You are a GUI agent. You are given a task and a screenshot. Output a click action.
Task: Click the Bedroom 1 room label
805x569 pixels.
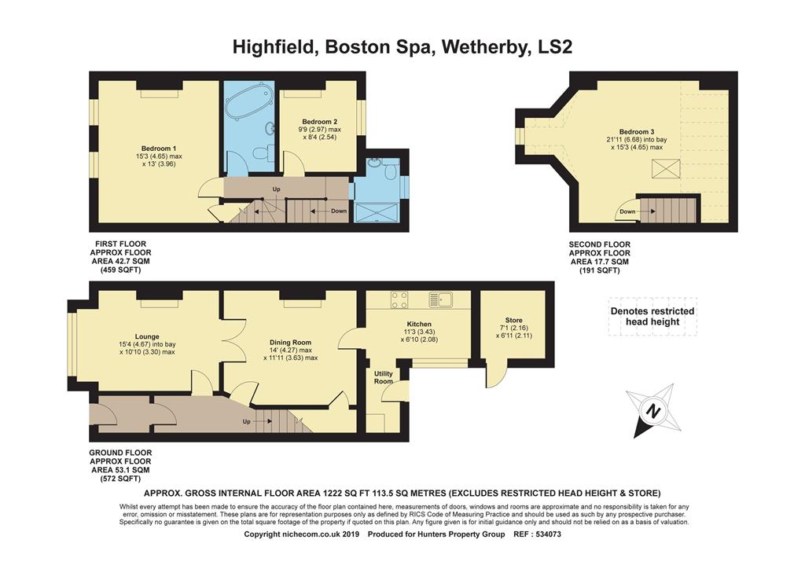coord(158,149)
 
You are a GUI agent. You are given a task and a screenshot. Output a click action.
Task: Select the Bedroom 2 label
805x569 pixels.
coord(319,122)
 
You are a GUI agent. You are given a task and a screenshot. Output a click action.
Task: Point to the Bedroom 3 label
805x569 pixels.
coord(636,131)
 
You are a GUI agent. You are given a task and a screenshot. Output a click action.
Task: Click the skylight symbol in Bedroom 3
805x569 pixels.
coord(665,167)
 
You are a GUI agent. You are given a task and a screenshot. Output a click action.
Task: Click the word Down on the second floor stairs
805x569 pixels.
coord(627,211)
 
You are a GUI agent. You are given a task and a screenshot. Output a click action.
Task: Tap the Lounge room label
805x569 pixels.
coord(146,336)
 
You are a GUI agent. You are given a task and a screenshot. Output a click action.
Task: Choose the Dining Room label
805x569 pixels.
coord(290,343)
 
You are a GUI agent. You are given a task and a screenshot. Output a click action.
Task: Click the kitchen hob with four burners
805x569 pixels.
coord(399,299)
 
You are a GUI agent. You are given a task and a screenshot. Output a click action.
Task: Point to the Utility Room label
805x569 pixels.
coord(383,377)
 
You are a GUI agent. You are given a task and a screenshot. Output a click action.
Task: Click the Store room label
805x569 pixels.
coord(513,321)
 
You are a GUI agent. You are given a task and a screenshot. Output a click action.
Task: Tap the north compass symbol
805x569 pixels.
coord(652,409)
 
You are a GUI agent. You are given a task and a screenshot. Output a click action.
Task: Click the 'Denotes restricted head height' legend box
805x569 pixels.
coord(652,316)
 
